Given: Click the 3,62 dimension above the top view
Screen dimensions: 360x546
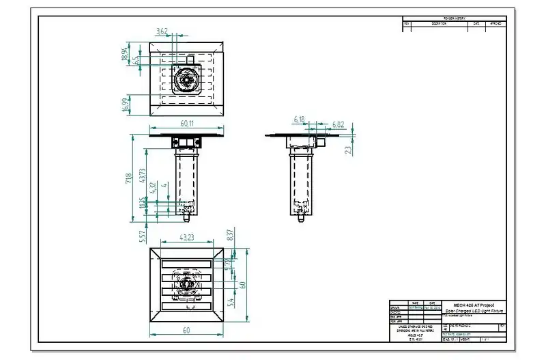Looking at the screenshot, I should point(162,31).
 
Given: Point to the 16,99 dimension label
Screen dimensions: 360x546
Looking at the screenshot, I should point(125,105).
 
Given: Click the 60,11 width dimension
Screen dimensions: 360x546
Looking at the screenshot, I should point(187,124).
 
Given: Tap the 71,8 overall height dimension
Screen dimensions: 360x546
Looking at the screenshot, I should point(128,180).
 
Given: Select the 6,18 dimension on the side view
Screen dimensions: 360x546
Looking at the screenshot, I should point(299,120).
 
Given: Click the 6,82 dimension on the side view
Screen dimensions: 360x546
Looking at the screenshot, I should point(338,124).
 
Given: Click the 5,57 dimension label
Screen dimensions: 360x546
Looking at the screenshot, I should point(142,236).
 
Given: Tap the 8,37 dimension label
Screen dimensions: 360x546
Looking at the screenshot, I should point(231,235).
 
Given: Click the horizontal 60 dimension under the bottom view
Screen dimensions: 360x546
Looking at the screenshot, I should point(187,330).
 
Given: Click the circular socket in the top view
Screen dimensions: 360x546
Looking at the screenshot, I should point(186,80).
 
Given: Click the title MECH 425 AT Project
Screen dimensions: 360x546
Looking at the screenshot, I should point(474,305).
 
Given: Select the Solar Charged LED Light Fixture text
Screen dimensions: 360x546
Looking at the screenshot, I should point(474,311).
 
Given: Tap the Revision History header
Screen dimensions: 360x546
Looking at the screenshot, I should point(455,18).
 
